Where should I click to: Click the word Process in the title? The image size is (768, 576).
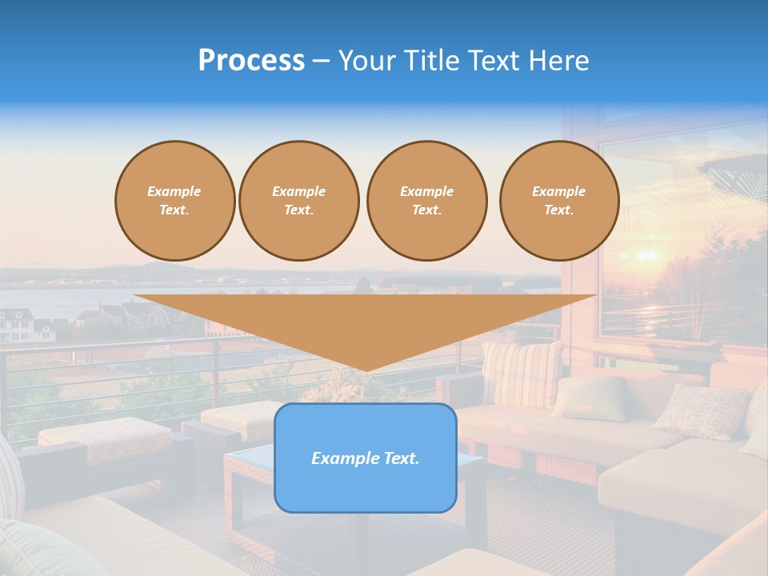pos(251,61)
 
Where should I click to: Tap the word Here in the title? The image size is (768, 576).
pos(561,61)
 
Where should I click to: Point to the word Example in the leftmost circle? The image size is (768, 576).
pos(174,192)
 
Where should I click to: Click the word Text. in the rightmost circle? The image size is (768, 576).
pos(558,210)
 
